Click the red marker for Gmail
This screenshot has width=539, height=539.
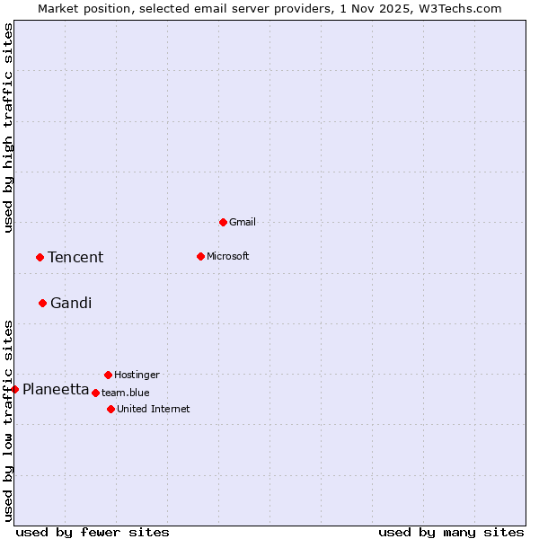click(223, 222)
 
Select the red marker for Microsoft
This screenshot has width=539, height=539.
click(200, 256)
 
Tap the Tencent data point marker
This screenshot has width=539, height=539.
click(40, 257)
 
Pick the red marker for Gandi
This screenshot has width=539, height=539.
click(42, 303)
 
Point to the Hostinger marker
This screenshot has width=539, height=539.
click(108, 375)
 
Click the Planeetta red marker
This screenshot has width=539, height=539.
click(14, 389)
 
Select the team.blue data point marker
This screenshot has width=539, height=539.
click(95, 393)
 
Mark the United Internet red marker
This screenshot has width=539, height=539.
click(110, 409)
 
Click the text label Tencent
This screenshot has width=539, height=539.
click(75, 258)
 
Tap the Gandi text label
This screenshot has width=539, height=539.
click(71, 304)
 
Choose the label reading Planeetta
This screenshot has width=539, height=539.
click(56, 389)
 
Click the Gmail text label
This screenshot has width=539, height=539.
click(243, 222)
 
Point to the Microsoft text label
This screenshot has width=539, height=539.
click(228, 256)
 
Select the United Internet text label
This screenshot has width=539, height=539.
click(154, 409)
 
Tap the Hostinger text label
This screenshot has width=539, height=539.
click(137, 375)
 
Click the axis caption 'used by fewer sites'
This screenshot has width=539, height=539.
click(93, 532)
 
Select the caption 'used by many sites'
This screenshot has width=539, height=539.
click(451, 532)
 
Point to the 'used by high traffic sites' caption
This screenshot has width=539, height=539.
click(8, 128)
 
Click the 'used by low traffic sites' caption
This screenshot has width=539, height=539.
click(8, 420)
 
